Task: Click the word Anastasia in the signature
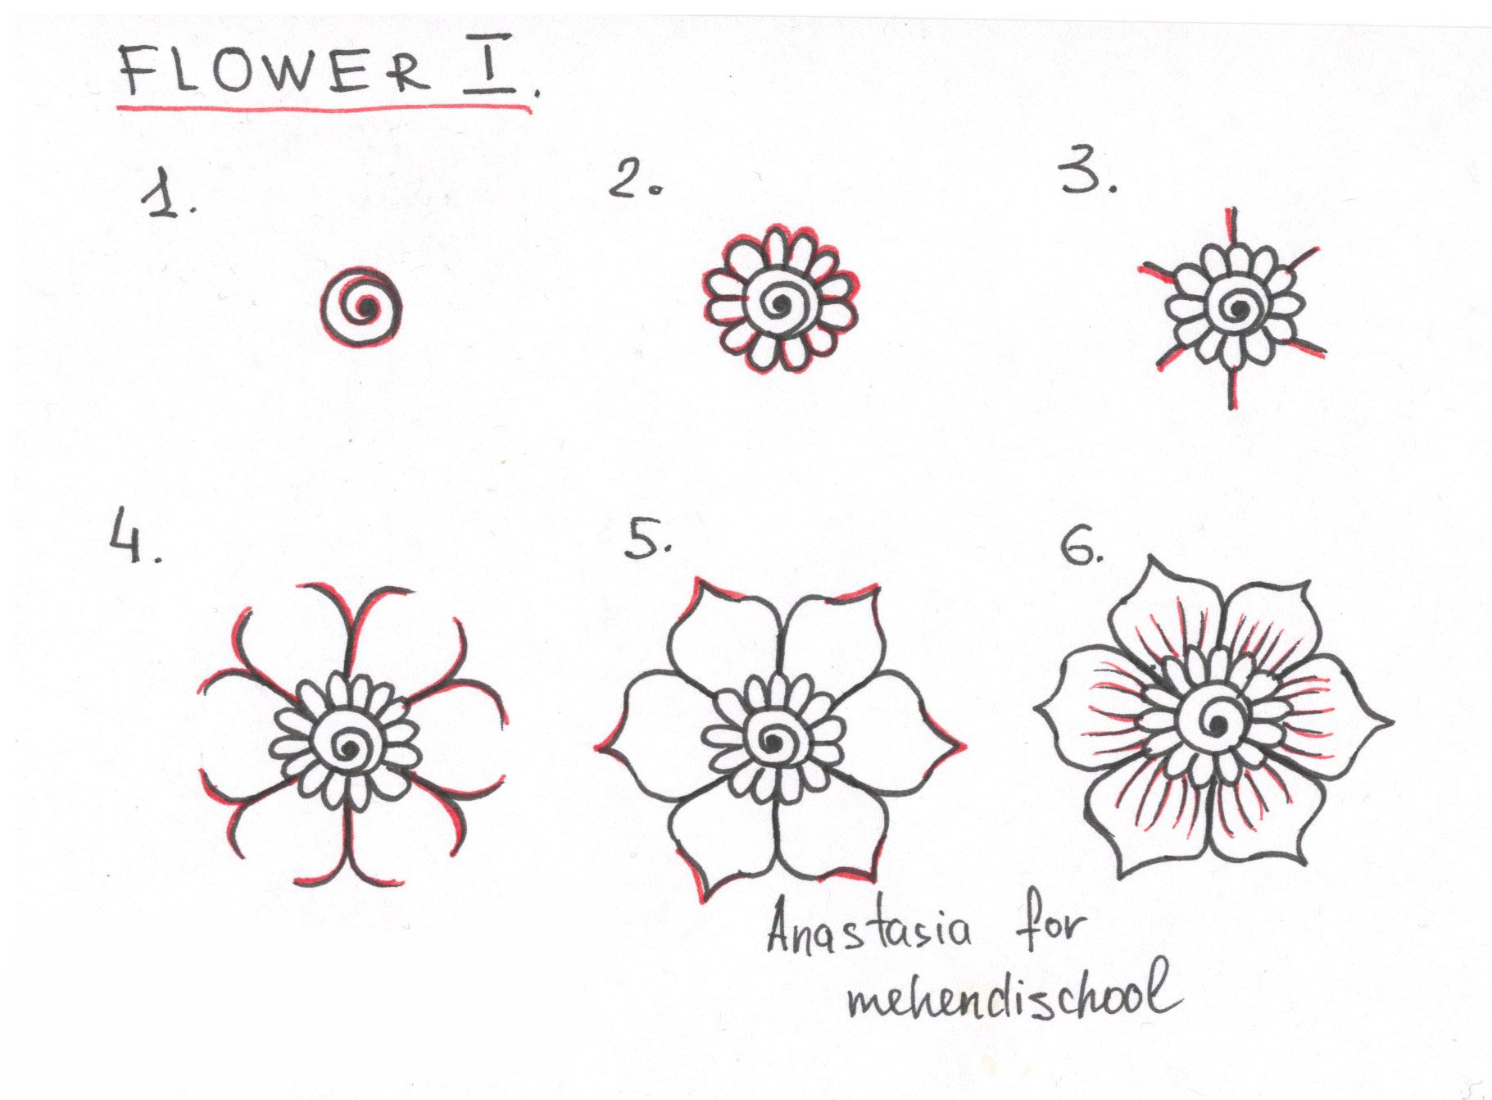tap(868, 931)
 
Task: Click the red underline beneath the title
tap(324, 107)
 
